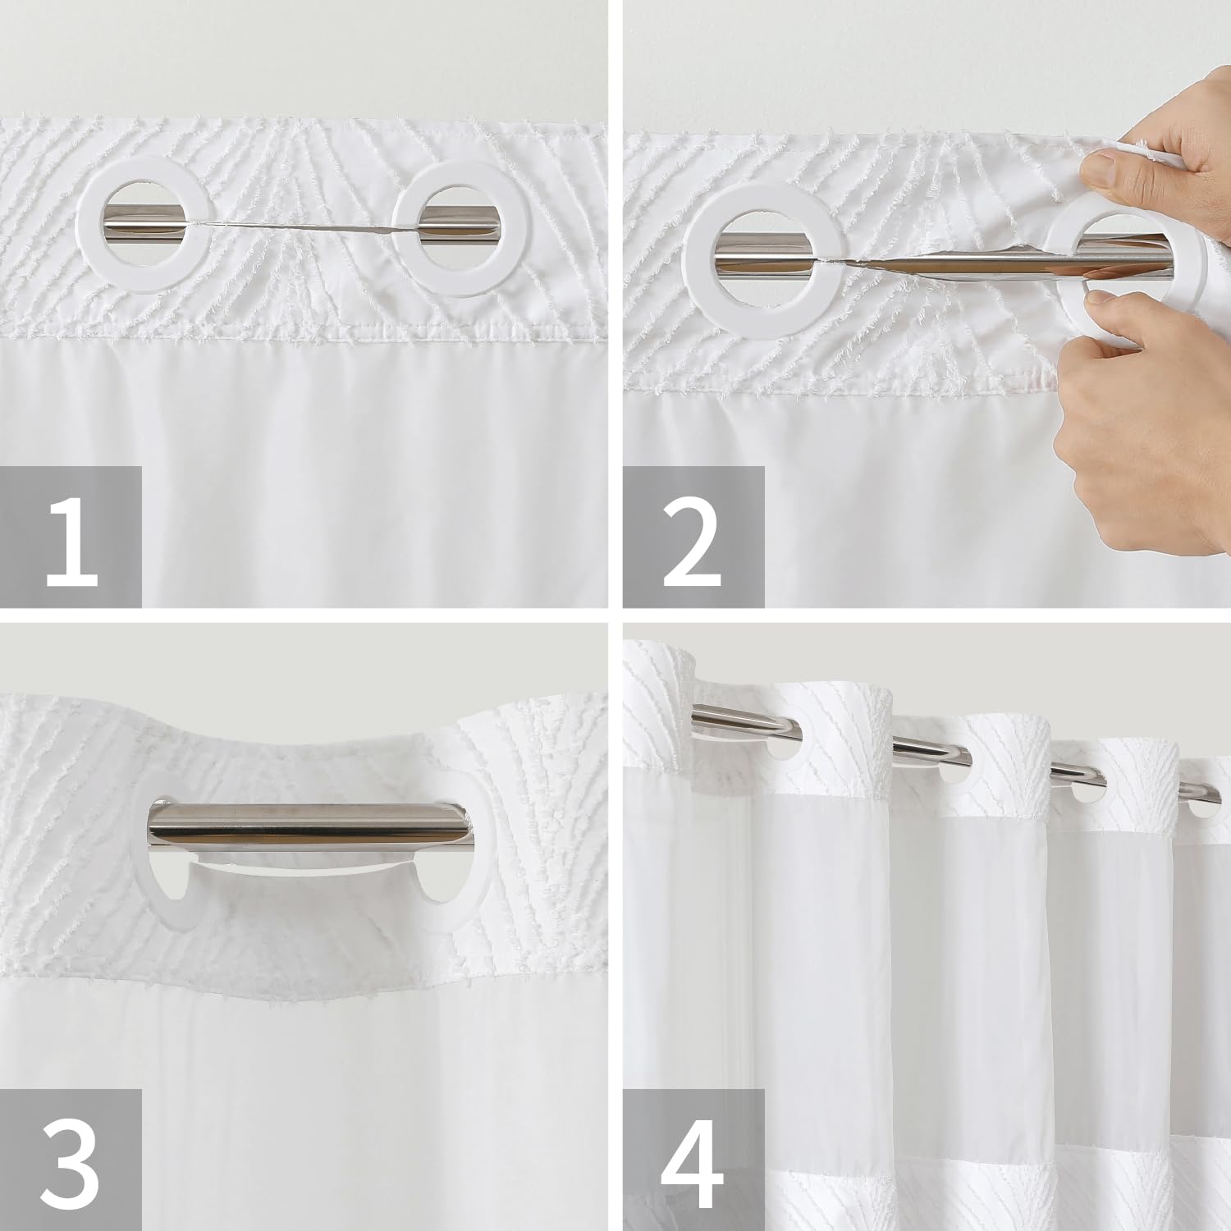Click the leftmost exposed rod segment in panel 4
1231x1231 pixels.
[743, 720]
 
